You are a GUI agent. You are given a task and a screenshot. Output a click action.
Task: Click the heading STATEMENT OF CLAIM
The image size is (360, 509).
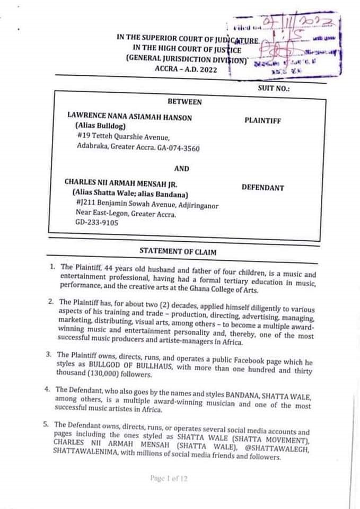(x=177, y=250)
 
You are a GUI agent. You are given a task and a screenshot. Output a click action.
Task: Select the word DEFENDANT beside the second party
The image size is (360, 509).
(x=262, y=188)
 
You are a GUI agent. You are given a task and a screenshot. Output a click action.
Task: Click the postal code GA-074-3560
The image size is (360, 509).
(x=179, y=148)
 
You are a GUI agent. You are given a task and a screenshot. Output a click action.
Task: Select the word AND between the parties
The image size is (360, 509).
(x=182, y=168)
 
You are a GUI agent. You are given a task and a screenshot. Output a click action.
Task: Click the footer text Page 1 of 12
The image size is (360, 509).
(x=169, y=479)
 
